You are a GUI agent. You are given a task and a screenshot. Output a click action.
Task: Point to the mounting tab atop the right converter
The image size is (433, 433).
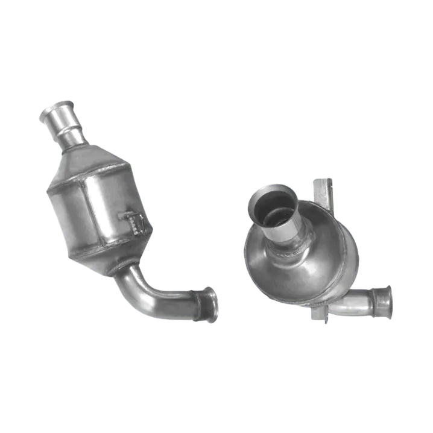tap(323, 191)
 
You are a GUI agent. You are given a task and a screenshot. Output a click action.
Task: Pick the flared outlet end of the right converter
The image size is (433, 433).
tap(382, 302)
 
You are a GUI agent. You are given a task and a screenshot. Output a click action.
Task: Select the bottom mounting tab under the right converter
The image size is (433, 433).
tap(320, 314)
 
